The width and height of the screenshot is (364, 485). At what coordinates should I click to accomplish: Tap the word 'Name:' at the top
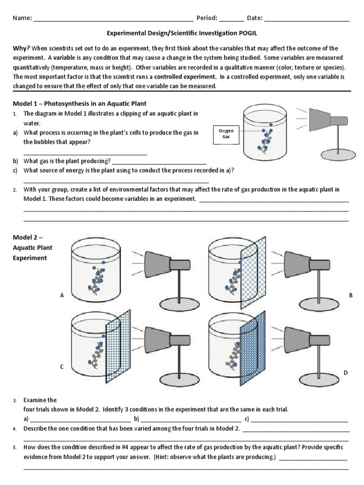click(x=22, y=18)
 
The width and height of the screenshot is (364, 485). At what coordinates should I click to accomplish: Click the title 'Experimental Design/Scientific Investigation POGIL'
click(x=182, y=34)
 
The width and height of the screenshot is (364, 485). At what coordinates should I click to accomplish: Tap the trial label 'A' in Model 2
click(x=62, y=296)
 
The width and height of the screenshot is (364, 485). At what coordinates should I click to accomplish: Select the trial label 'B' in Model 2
click(x=351, y=295)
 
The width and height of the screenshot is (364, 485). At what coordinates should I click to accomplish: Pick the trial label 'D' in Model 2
click(x=346, y=373)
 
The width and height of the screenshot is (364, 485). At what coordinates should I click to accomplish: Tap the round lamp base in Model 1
click(x=336, y=153)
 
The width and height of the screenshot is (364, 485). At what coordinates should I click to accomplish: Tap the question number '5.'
click(x=15, y=447)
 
